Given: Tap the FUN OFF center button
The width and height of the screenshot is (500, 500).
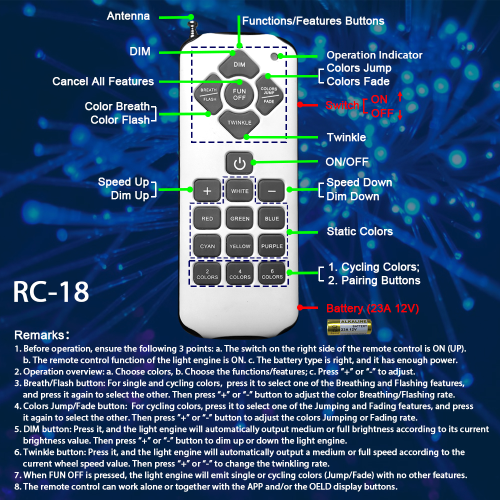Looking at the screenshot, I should (x=239, y=94).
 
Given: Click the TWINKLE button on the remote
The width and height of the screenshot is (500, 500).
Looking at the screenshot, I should (x=239, y=122).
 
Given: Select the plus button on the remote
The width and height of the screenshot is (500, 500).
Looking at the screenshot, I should (x=207, y=191).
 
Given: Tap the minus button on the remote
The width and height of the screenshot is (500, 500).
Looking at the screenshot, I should (x=271, y=191).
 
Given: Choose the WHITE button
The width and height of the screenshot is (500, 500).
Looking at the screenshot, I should (x=239, y=191).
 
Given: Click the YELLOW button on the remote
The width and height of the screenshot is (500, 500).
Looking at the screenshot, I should (x=239, y=246).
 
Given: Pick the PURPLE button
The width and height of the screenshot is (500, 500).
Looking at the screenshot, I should (x=272, y=246).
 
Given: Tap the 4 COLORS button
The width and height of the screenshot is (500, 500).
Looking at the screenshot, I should (x=239, y=273).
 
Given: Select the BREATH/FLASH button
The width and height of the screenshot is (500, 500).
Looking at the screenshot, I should (x=209, y=94).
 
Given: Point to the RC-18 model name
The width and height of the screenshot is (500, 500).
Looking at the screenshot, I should (x=51, y=292).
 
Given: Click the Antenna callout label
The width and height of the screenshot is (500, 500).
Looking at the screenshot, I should (x=128, y=16).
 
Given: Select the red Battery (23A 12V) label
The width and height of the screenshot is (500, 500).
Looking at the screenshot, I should (x=372, y=308).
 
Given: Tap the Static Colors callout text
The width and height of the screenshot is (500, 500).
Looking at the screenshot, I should (x=359, y=231).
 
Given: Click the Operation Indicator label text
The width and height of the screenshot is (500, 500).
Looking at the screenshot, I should (x=374, y=55).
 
